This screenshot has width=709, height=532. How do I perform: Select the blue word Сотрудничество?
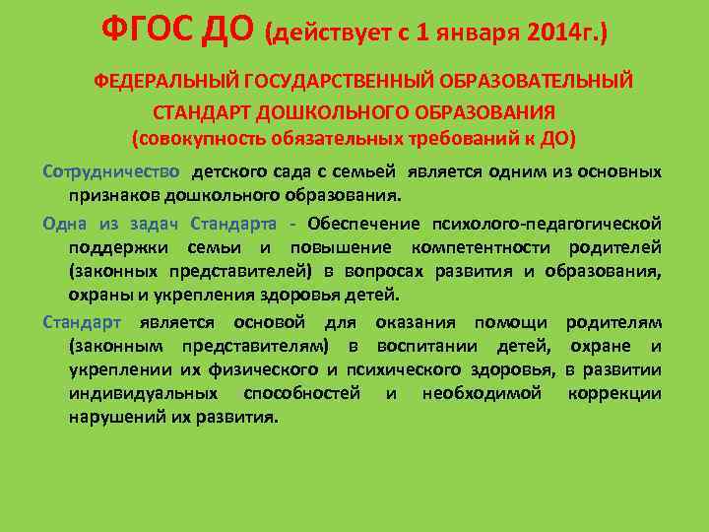pos(111,171)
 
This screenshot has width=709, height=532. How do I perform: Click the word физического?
pos(261,369)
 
